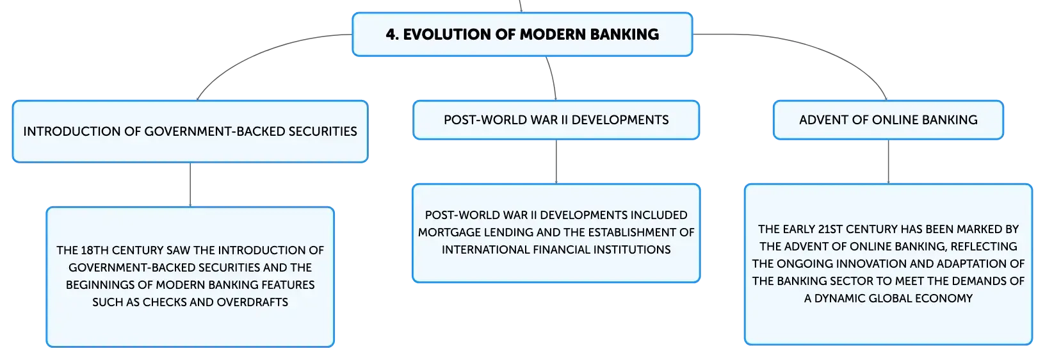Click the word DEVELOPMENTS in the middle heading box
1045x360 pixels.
coord(620,120)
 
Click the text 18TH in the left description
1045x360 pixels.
coord(94,250)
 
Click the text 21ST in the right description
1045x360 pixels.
coord(834,229)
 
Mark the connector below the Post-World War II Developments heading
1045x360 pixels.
coord(556,161)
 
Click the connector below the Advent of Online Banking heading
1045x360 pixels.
coord(888,161)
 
